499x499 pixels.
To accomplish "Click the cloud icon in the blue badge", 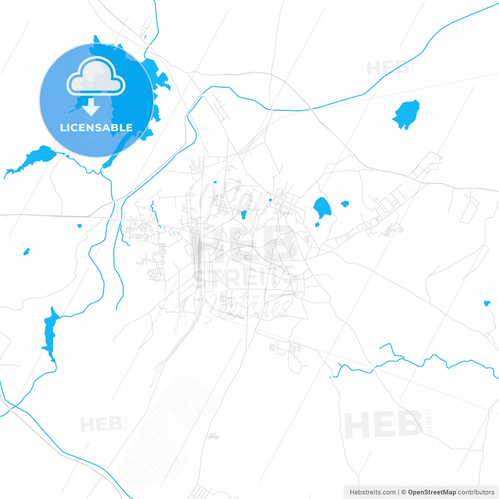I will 96,77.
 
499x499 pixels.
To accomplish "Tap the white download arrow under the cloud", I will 91,107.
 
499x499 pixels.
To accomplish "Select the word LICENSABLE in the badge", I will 96,127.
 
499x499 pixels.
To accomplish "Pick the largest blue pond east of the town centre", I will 322,208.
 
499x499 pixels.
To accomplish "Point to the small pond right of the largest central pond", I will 345,203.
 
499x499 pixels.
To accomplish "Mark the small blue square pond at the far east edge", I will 487,303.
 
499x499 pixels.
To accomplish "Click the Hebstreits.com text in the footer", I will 372,492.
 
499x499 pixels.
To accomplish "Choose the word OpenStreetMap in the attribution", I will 432,492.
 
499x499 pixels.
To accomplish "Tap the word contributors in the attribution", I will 476,492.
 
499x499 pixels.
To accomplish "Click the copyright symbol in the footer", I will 403,492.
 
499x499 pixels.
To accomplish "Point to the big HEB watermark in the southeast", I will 384,425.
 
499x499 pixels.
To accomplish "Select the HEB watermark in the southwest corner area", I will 101,424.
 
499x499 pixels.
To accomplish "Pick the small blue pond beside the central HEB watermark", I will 244,214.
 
